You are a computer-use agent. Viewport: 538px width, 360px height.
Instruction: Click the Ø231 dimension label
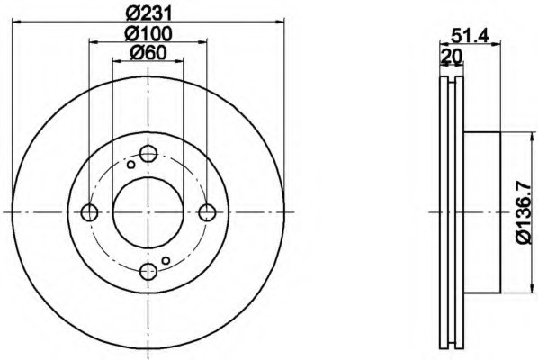click(x=148, y=13)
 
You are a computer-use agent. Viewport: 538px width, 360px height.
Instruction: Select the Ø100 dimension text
click(x=148, y=33)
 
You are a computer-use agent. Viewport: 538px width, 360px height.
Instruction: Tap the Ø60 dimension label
click(x=148, y=52)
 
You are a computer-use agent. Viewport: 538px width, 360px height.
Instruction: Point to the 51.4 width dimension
click(x=470, y=35)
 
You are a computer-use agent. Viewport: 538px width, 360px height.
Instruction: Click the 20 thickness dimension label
click(x=451, y=56)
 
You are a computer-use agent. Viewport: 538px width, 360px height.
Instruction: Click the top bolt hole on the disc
click(x=148, y=153)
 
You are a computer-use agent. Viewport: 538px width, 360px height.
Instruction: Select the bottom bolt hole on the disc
click(x=148, y=272)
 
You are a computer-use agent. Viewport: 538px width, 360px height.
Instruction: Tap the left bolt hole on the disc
click(x=89, y=212)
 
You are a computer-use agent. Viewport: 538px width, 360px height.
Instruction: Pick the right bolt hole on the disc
click(x=207, y=212)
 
